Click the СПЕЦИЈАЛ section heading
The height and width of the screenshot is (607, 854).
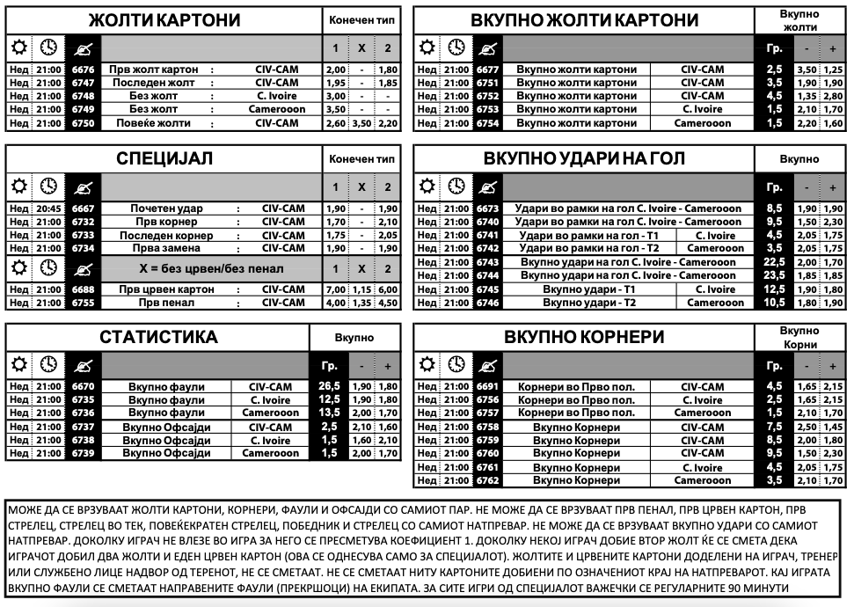tap(164, 159)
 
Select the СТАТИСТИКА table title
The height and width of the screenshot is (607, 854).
tap(158, 338)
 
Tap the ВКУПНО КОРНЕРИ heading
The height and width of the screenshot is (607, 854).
tap(584, 338)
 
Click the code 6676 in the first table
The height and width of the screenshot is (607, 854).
tap(83, 69)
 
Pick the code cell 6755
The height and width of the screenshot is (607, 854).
tap(83, 303)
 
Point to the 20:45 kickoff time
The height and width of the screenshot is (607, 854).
tap(49, 208)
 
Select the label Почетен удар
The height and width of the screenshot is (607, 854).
tap(166, 208)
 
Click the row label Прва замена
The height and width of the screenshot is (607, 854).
tap(166, 248)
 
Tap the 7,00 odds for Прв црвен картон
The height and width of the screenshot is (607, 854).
tap(336, 289)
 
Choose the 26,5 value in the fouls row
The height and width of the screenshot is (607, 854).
tap(330, 386)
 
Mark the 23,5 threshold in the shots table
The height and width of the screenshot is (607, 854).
tap(775, 275)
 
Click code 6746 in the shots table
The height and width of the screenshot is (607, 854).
tap(487, 303)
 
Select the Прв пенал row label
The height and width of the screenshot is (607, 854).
tap(166, 303)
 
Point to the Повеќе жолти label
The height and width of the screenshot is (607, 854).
tap(154, 123)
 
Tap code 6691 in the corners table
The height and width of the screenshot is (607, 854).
tap(487, 386)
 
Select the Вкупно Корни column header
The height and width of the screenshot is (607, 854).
tap(800, 338)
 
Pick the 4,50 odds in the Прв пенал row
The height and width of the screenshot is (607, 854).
tap(387, 303)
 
